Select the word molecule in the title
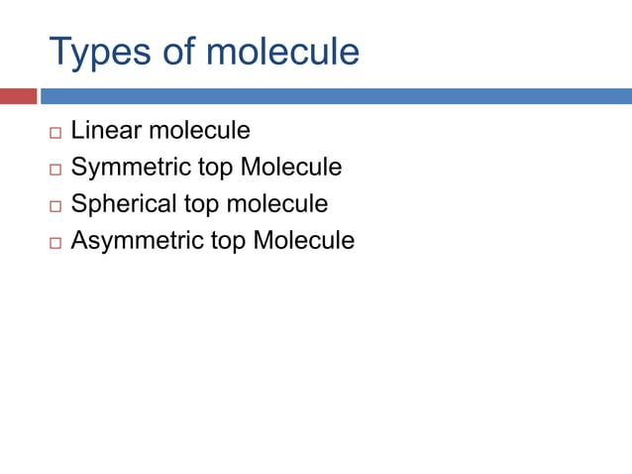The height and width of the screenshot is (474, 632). pos(282,52)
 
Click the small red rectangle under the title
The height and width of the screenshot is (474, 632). pos(18,96)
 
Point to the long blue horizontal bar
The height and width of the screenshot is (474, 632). pos(336,96)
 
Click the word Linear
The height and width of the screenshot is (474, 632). pos(106,130)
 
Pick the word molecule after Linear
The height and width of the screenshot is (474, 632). pos(199,130)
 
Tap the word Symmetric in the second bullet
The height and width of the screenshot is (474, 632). pos(129,167)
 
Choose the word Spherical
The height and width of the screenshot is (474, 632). pos(125,203)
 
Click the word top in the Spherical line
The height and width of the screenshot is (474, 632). pos(202,204)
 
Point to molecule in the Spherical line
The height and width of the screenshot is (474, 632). pos(277,203)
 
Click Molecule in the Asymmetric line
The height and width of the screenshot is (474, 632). pos(304,240)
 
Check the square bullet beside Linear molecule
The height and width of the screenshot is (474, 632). pos(54,132)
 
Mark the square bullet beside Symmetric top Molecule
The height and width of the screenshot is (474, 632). pos(54,169)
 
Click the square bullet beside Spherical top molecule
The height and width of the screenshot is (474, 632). pos(54,205)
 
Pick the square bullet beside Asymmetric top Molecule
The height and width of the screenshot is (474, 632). pos(54,242)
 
